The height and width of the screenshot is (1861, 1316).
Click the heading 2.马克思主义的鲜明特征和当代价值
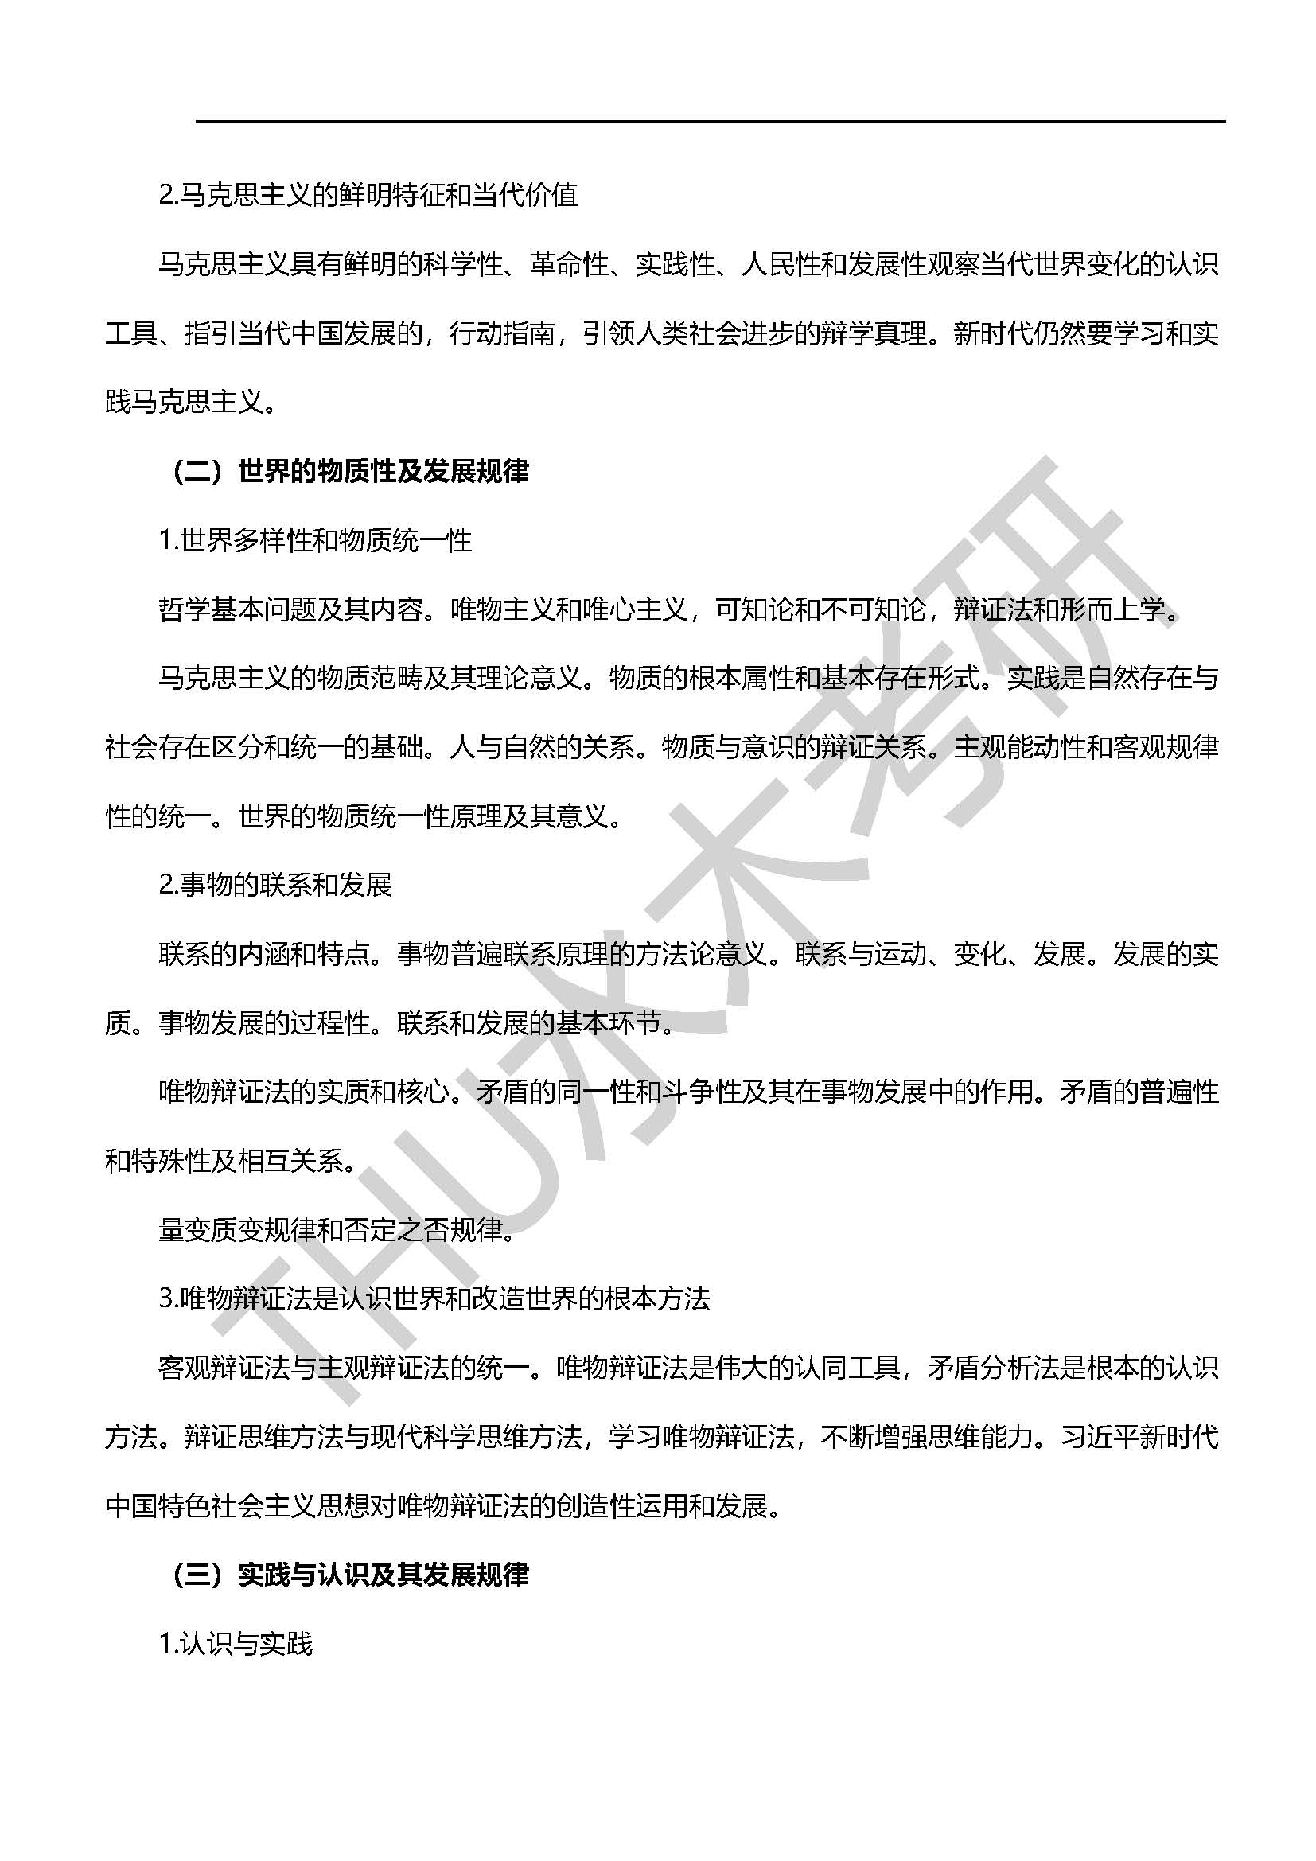[x=368, y=196]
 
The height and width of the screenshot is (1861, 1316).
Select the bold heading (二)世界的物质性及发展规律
[x=350, y=471]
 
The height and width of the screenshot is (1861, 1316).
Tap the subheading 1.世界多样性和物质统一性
[x=315, y=539]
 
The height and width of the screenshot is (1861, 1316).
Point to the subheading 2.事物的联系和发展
[x=275, y=884]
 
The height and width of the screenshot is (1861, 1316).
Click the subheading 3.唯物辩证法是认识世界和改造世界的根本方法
[x=434, y=1298]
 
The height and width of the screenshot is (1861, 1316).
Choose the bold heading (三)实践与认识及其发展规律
[x=350, y=1574]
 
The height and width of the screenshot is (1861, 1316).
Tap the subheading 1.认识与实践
[x=236, y=1643]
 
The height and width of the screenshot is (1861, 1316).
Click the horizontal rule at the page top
[x=710, y=122]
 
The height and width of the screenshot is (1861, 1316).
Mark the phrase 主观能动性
[x=1006, y=747]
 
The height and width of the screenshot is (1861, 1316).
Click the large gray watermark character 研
[x=1045, y=592]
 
